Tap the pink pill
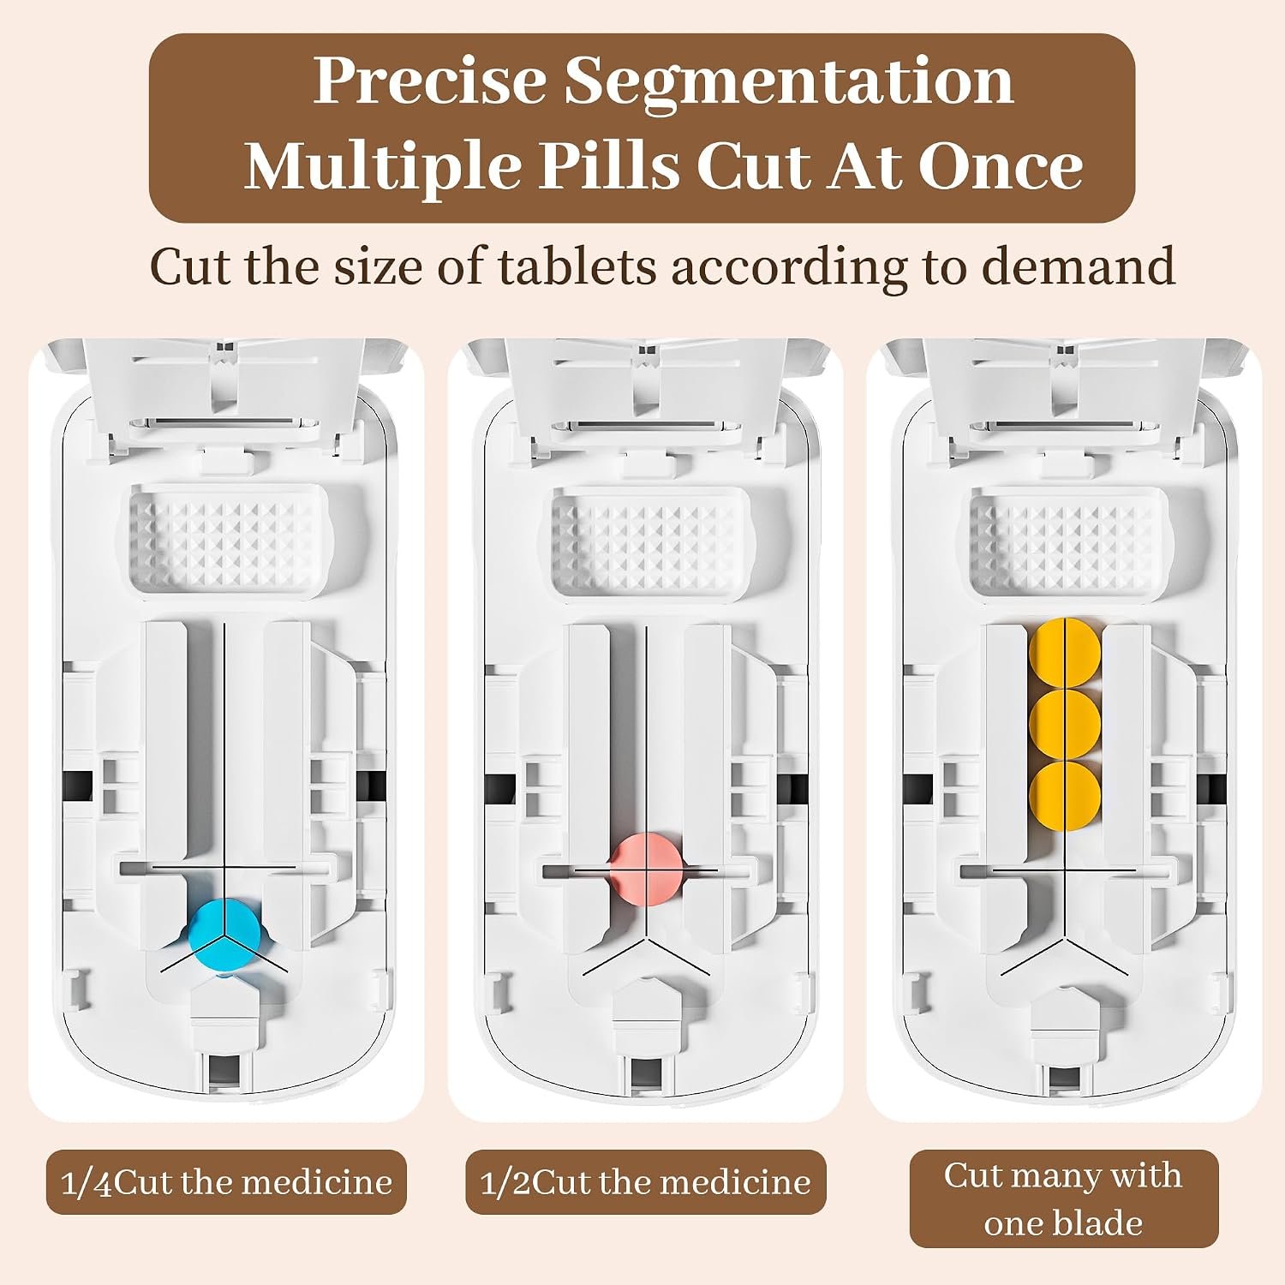[x=647, y=868]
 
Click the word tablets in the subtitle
[x=577, y=266]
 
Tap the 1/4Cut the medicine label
[x=226, y=1182]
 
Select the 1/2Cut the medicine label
[x=646, y=1182]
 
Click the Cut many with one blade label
[x=1064, y=1198]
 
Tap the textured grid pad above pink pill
[x=649, y=540]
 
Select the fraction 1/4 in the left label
[x=87, y=1183]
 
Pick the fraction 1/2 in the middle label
[x=505, y=1183]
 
